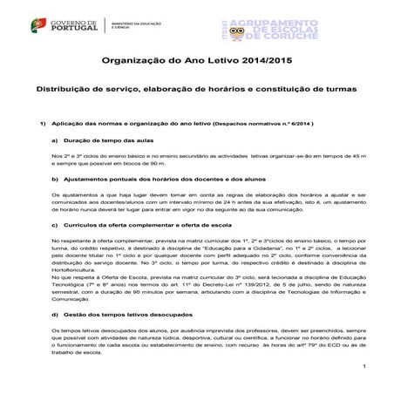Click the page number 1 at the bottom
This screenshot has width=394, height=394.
coord(364,377)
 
